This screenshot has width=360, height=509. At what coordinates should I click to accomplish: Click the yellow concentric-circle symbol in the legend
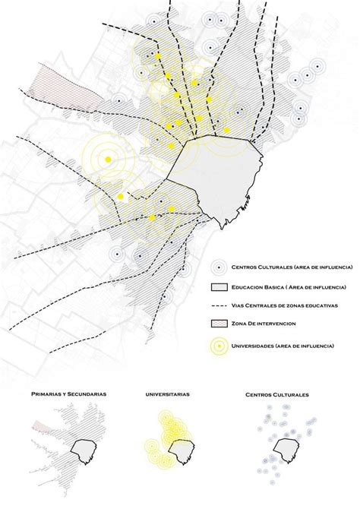pyautogui.click(x=219, y=346)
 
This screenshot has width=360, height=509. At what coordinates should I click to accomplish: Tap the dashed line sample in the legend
pyautogui.click(x=219, y=305)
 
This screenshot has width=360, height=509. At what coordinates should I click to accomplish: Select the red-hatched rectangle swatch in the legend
pyautogui.click(x=219, y=324)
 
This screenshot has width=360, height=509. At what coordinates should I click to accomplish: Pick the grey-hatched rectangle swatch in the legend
pyautogui.click(x=219, y=287)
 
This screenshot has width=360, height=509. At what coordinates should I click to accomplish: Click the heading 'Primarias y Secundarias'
pyautogui.click(x=69, y=395)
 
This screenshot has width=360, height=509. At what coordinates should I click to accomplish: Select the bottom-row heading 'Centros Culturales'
pyautogui.click(x=283, y=395)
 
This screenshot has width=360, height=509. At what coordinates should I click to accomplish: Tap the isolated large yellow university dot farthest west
pyautogui.click(x=109, y=158)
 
